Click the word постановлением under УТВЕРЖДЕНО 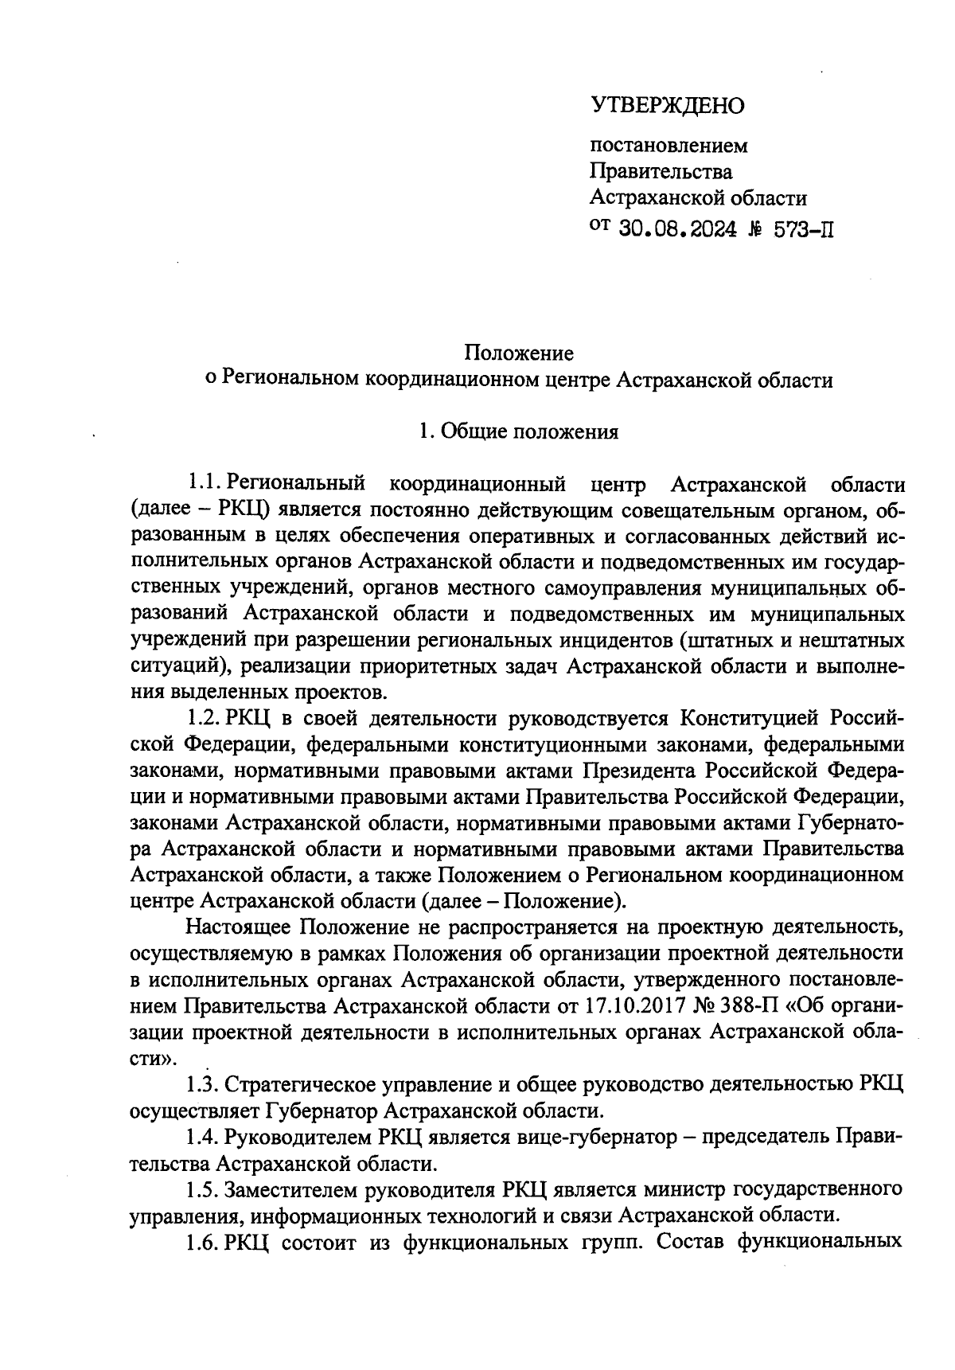(668, 146)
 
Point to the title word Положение (519, 353)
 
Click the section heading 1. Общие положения (519, 432)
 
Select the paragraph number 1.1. (202, 483)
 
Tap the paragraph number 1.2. (202, 719)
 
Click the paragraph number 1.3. (202, 1085)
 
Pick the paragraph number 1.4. (202, 1138)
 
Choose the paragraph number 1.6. (202, 1243)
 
